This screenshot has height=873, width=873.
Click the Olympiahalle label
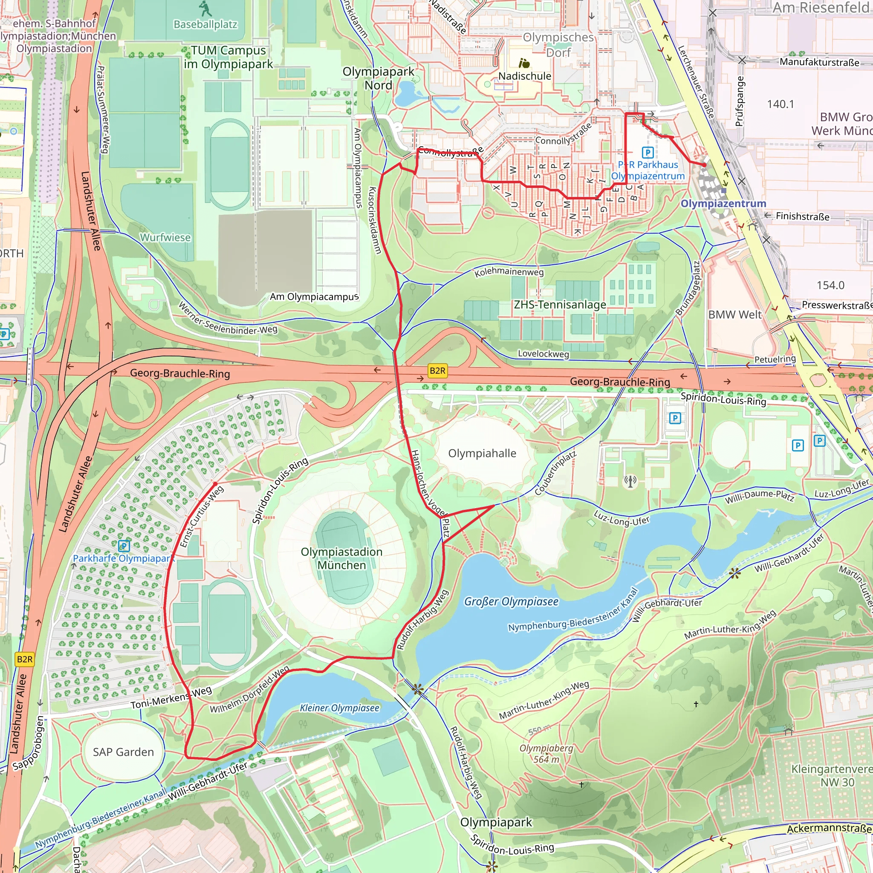click(482, 453)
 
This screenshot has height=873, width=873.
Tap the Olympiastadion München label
click(341, 558)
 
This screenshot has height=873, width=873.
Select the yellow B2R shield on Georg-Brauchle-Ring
click(437, 371)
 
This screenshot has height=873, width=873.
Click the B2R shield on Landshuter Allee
click(24, 659)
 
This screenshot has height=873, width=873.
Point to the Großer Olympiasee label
click(511, 601)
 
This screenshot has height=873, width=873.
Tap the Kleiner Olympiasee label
click(339, 708)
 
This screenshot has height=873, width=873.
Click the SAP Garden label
click(123, 752)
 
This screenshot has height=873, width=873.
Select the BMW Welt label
click(735, 315)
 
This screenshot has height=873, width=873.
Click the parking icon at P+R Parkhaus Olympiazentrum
click(648, 153)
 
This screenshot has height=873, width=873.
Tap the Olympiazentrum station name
click(723, 204)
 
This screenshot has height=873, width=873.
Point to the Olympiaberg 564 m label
click(546, 754)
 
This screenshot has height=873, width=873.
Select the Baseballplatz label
click(205, 24)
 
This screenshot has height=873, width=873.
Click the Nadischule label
click(525, 76)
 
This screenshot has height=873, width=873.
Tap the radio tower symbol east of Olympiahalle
click(630, 481)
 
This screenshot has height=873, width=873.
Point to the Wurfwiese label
click(165, 237)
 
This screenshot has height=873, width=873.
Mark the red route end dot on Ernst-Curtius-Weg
click(215, 484)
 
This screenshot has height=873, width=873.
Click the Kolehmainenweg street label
click(509, 272)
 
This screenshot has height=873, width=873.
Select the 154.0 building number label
click(830, 285)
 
